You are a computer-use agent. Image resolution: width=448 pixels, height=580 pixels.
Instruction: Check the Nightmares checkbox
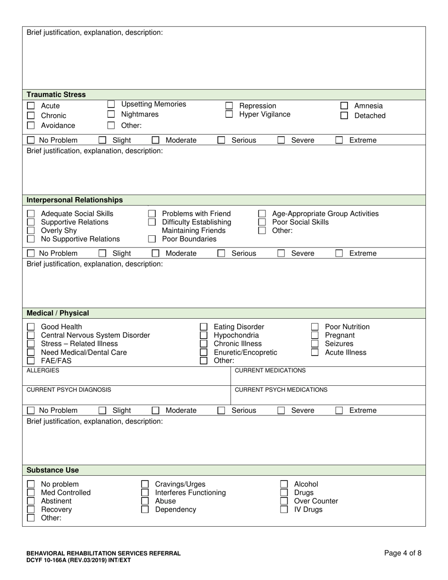pyautogui.click(x=111, y=114)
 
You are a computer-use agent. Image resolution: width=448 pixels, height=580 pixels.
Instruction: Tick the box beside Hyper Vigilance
pyautogui.click(x=229, y=114)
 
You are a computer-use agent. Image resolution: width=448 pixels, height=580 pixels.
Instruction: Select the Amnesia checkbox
pyautogui.click(x=344, y=106)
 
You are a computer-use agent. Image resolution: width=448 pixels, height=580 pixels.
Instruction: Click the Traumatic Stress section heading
pyautogui.click(x=56, y=94)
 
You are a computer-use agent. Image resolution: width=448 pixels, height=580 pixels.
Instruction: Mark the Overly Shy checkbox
pyautogui.click(x=31, y=231)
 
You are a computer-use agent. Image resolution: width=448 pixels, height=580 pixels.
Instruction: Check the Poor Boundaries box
pyautogui.click(x=152, y=239)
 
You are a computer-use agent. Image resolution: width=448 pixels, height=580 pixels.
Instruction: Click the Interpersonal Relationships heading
pyautogui.click(x=75, y=200)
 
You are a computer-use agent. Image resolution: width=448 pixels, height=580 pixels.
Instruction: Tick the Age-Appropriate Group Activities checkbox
pyautogui.click(x=262, y=214)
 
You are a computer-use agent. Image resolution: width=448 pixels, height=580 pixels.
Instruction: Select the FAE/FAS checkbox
pyautogui.click(x=31, y=361)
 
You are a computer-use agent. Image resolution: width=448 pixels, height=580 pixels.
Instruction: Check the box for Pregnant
pyautogui.click(x=315, y=335)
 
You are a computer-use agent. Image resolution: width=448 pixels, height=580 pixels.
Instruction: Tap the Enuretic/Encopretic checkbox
pyautogui.click(x=204, y=352)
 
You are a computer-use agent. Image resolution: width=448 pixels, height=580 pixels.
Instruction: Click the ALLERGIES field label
pyautogui.click(x=43, y=371)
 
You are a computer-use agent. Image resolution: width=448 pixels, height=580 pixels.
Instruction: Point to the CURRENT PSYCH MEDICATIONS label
pyautogui.click(x=281, y=390)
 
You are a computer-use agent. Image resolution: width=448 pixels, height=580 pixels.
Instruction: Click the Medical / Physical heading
pyautogui.click(x=58, y=313)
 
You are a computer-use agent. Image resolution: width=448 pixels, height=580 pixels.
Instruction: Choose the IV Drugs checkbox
pyautogui.click(x=284, y=510)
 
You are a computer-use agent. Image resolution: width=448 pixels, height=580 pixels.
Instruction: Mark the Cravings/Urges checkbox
pyautogui.click(x=145, y=484)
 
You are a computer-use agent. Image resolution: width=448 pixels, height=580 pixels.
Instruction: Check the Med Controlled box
pyautogui.click(x=31, y=493)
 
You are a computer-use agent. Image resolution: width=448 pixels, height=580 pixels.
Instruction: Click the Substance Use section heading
pyautogui.click(x=53, y=470)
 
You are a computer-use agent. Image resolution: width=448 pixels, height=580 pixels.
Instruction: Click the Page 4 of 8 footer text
pyautogui.click(x=403, y=553)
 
